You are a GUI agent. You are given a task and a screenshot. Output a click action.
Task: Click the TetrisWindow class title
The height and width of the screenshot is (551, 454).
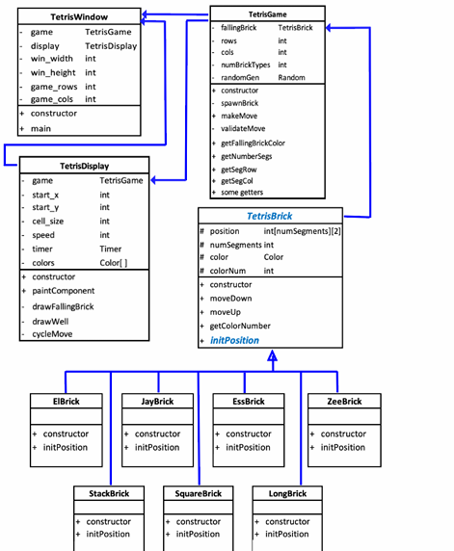coord(78,17)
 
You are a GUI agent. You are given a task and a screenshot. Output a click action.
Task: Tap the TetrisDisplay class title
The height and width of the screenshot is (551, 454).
coord(83,166)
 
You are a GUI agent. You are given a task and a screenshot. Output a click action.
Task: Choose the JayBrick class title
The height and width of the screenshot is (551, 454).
coord(157,402)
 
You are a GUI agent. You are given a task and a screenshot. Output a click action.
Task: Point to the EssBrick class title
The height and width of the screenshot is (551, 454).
coord(248,402)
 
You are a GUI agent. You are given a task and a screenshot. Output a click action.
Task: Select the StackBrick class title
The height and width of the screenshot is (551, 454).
coord(109,493)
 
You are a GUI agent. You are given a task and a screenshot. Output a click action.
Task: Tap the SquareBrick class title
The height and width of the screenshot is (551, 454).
coord(198,493)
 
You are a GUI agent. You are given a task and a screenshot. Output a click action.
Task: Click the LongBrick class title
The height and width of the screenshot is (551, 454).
coord(286,493)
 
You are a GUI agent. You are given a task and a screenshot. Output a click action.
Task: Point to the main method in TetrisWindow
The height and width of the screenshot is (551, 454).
coord(41,127)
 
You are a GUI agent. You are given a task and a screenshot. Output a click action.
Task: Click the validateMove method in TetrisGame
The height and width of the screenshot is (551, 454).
coord(246,128)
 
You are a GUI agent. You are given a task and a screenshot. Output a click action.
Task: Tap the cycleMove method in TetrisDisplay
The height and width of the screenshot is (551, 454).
coord(55,333)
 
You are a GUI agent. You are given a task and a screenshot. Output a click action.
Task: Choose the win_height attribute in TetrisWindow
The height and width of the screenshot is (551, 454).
coord(53,72)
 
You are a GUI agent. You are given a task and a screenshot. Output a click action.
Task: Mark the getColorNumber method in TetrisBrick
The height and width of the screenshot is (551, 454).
coord(240,326)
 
